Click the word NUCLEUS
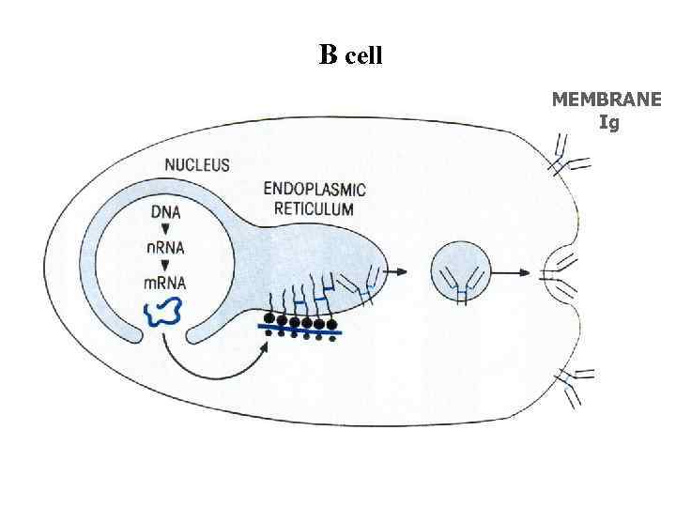[x=197, y=165]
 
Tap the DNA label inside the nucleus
[x=165, y=212]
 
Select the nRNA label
[x=165, y=247]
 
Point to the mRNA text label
[x=165, y=283]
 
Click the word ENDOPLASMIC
[x=314, y=190]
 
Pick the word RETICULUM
[x=314, y=208]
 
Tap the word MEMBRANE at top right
[x=606, y=100]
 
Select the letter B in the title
[x=328, y=55]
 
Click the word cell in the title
[x=363, y=57]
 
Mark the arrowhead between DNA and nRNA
[x=165, y=230]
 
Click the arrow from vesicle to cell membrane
[x=511, y=273]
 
